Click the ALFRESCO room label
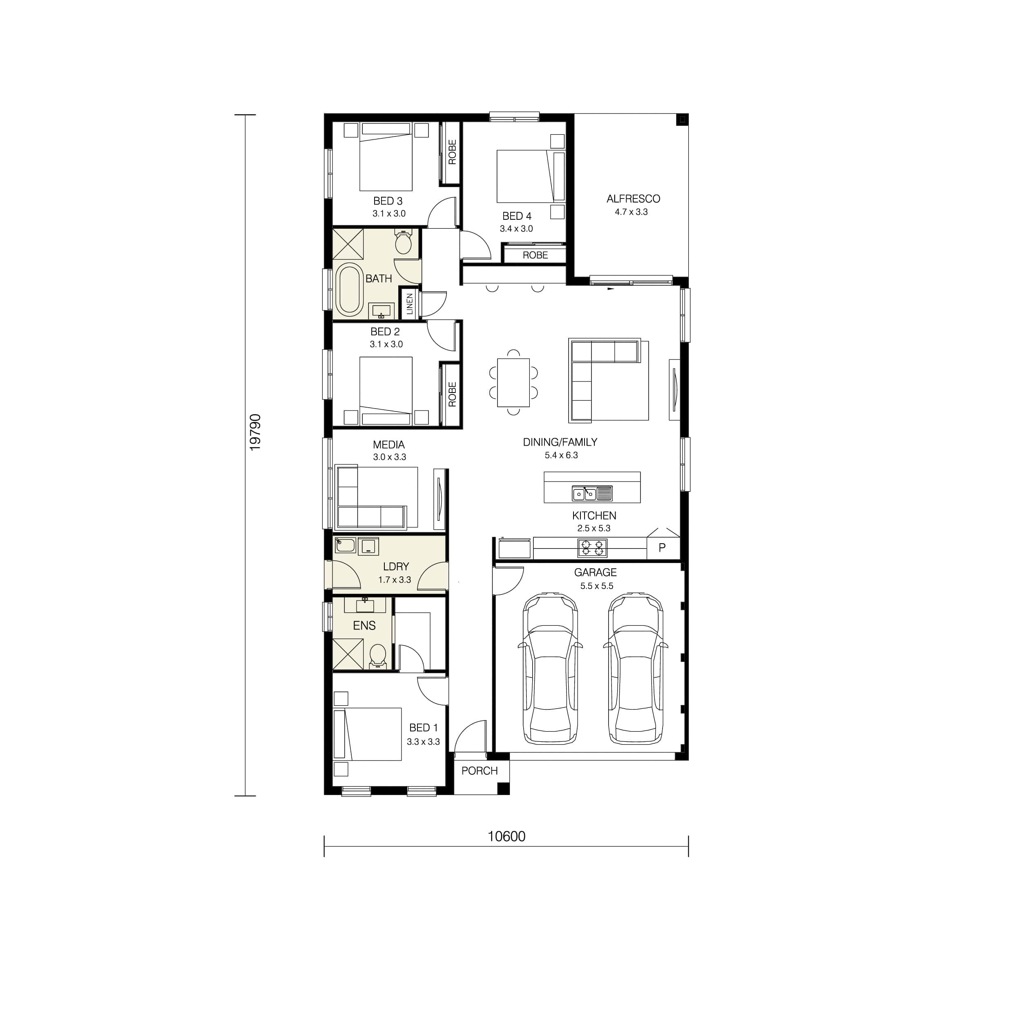(x=633, y=199)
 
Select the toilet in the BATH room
(x=403, y=242)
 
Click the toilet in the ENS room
(x=377, y=656)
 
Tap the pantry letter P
(x=662, y=548)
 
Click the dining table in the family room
(x=513, y=382)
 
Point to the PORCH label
(x=479, y=771)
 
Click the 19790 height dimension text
(x=255, y=432)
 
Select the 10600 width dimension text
(x=506, y=836)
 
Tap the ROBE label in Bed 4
(x=535, y=255)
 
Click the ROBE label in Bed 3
(x=452, y=152)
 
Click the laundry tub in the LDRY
(x=346, y=545)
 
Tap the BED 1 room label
(x=423, y=728)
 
